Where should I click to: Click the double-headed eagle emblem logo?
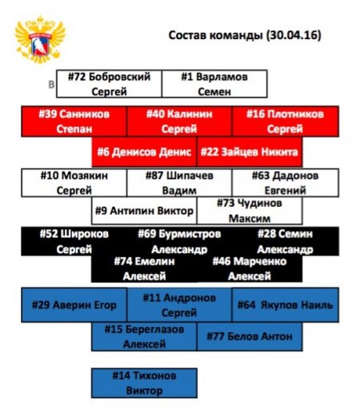40,39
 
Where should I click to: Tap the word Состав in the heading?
186,35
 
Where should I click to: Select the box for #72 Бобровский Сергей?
109,84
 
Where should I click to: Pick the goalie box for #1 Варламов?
214,84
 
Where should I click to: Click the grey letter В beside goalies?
51,85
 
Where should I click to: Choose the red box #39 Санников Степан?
74,121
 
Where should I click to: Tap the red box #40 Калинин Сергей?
179,121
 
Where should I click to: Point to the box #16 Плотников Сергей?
286,121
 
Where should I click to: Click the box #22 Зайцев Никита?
250,152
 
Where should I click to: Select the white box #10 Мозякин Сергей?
74,183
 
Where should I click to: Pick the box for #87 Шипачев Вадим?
179,183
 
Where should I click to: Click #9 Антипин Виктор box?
144,211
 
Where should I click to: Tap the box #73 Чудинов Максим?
250,211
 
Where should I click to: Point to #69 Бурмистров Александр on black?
179,241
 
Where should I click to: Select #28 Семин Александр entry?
286,241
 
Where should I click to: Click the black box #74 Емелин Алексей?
144,269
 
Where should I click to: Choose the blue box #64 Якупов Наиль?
286,305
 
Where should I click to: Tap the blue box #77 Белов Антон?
250,336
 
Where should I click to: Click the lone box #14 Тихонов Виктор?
144,383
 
